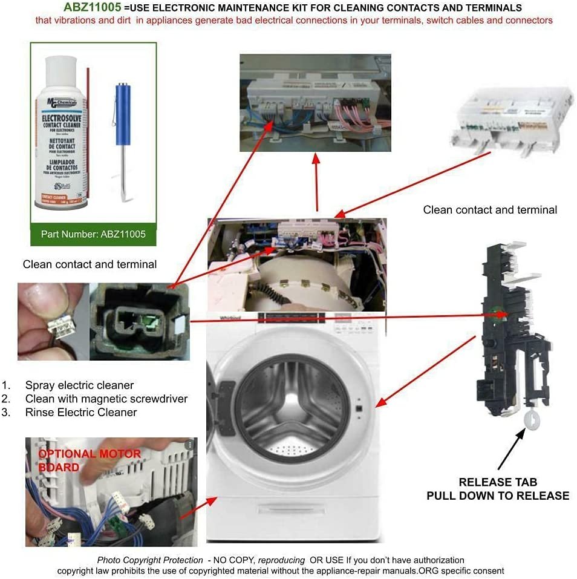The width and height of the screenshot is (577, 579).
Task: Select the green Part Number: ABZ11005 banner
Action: click(93, 234)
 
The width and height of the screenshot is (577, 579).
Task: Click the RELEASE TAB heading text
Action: click(497, 482)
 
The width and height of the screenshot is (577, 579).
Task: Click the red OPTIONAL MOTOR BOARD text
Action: click(90, 460)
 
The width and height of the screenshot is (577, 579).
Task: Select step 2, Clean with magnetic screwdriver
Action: click(106, 399)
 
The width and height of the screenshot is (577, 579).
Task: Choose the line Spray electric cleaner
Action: click(79, 385)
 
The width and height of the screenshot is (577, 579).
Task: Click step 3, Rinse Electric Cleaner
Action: click(80, 413)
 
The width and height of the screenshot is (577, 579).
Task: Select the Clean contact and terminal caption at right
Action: click(490, 210)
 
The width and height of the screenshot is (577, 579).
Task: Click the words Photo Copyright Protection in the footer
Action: click(149, 560)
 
